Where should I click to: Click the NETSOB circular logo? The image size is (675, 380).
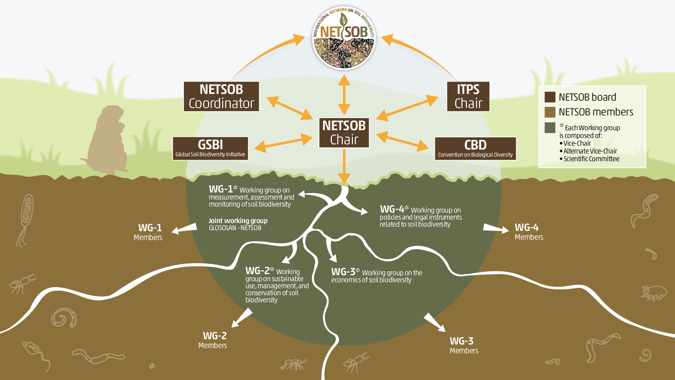point(344,38)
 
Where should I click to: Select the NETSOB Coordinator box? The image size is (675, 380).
point(221,96)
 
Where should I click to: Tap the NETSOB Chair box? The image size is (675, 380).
point(344,133)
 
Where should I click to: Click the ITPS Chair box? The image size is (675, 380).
point(468,96)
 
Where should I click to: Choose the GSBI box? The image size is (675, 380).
point(210,148)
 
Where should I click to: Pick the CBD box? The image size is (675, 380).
point(475,148)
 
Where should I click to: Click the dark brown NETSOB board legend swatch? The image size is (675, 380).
point(550,97)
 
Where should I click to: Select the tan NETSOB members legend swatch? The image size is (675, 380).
point(550,112)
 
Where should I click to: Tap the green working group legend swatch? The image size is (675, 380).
point(550,128)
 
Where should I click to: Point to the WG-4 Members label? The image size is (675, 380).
point(528,232)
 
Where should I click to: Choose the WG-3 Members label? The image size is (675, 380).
point(463,346)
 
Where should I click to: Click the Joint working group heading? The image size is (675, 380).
point(238,221)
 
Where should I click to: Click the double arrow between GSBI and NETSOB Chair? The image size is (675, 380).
point(283,143)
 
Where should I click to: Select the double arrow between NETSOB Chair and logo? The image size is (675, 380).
point(344,94)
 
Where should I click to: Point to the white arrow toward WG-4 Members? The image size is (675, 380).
point(496,228)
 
